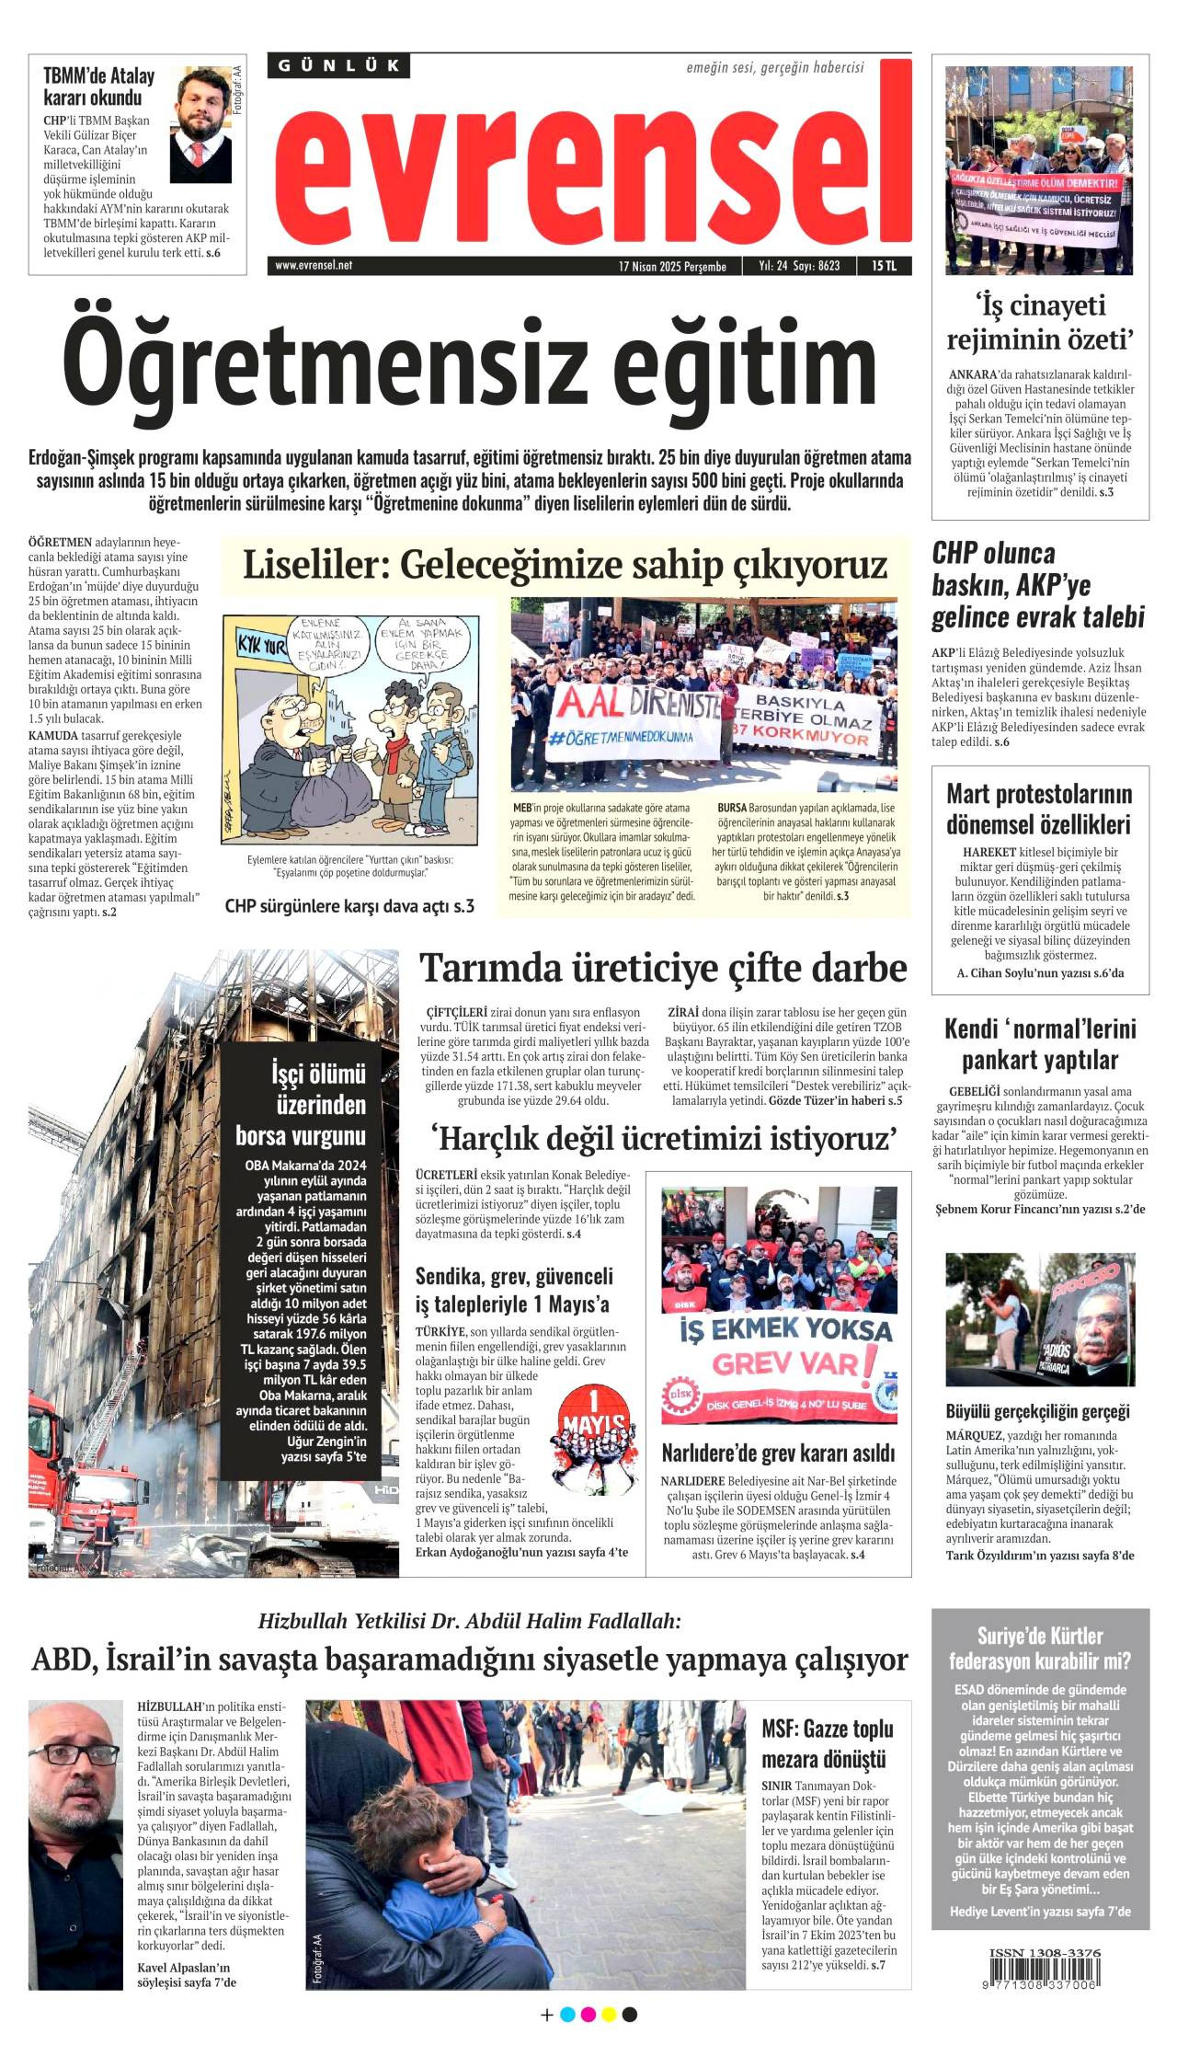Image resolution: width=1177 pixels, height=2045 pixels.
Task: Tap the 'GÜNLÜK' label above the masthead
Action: coord(339,65)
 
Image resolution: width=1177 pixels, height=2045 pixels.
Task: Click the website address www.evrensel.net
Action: coord(314,266)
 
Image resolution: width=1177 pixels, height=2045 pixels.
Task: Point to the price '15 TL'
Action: coord(884,266)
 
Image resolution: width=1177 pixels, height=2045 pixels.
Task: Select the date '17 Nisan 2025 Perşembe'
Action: coord(672,267)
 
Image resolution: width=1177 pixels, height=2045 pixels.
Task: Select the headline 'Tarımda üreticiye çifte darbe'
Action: coord(663,968)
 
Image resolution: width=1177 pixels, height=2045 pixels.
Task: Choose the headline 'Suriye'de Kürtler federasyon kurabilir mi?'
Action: coord(1040,1648)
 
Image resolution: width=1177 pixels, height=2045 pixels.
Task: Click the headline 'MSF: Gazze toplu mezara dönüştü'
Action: coord(828,1744)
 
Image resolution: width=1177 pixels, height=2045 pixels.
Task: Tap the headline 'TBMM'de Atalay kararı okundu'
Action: coord(98,86)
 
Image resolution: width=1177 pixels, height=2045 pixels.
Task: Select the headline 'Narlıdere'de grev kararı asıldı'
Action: coord(778,1453)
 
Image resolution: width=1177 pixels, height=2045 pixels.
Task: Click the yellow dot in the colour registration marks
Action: coord(608,2015)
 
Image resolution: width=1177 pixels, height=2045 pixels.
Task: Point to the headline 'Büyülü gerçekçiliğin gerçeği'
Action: coord(1037,1411)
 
